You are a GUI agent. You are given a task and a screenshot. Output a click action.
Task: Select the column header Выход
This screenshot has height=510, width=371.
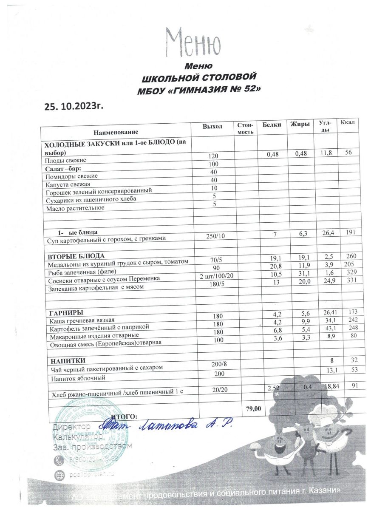point(212,126)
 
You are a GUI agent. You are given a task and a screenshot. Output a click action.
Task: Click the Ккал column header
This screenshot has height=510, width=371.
point(348,123)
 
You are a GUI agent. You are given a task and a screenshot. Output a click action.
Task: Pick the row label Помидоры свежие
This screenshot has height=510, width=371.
point(71,176)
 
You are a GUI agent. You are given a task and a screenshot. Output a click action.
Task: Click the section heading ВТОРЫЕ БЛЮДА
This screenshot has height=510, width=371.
point(74,255)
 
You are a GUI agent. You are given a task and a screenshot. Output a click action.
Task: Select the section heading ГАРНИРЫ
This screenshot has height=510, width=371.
point(64,312)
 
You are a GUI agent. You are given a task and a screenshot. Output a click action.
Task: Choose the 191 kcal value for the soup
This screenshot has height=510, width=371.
point(350,232)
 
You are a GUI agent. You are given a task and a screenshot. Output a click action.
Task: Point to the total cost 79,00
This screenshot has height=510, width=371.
point(253,408)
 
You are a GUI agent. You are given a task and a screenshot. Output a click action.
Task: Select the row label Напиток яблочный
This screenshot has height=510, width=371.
point(76,377)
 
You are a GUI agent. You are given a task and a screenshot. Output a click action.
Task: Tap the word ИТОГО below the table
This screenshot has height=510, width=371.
point(124,416)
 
